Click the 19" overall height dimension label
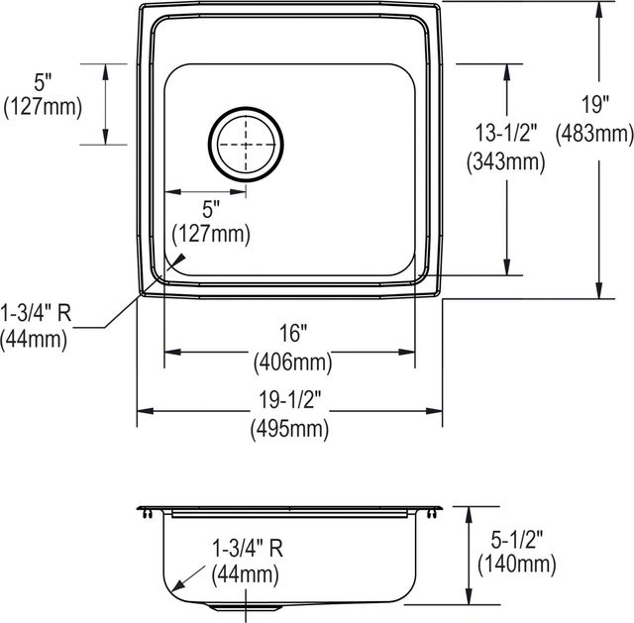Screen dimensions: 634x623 coord(595,105)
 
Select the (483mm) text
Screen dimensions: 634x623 coord(594,134)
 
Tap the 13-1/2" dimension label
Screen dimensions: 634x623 coord(506,133)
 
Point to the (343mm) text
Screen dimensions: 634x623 coord(506,161)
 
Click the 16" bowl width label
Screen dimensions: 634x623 coord(294,333)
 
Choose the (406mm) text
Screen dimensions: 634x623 coord(293,362)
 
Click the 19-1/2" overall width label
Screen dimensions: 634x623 coord(289,400)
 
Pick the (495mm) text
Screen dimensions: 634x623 coord(289,429)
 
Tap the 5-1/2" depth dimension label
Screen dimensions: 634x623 coord(517,539)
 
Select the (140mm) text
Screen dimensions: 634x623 coord(517,565)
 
